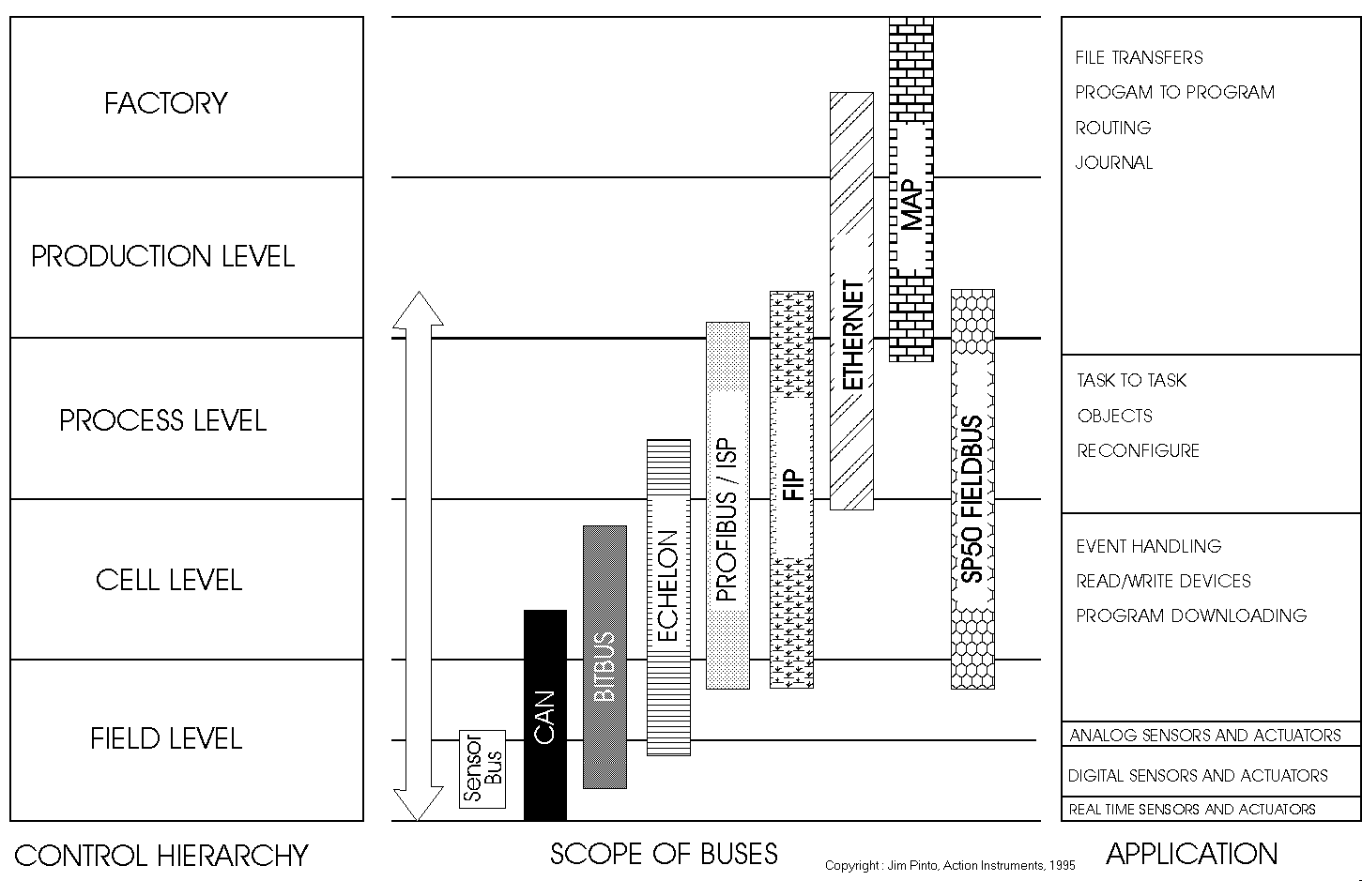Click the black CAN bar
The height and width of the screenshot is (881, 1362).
click(544, 715)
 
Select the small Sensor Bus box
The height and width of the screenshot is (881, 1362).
click(482, 769)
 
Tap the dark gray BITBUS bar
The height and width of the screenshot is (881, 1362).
click(604, 657)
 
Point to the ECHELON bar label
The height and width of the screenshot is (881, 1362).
click(668, 585)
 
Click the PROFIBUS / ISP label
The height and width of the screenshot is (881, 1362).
click(727, 520)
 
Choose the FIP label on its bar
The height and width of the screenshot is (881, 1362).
click(793, 484)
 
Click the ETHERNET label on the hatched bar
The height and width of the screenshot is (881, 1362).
click(852, 335)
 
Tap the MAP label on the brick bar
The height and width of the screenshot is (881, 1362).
click(911, 205)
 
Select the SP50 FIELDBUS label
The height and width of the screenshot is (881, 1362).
click(972, 499)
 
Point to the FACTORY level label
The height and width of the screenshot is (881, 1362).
click(165, 102)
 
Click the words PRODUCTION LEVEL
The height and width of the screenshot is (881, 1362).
click(163, 256)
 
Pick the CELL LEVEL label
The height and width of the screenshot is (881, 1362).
click(169, 580)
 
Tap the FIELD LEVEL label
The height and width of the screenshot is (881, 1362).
click(166, 738)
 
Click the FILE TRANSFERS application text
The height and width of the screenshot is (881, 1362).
click(1139, 58)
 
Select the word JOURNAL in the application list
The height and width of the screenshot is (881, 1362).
click(1113, 163)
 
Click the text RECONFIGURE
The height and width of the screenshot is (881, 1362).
click(1138, 451)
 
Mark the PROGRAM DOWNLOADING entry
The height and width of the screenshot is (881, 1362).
click(1191, 616)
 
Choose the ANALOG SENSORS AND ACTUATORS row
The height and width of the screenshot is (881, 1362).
click(1205, 736)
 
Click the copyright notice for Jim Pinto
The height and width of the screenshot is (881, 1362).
click(950, 865)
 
